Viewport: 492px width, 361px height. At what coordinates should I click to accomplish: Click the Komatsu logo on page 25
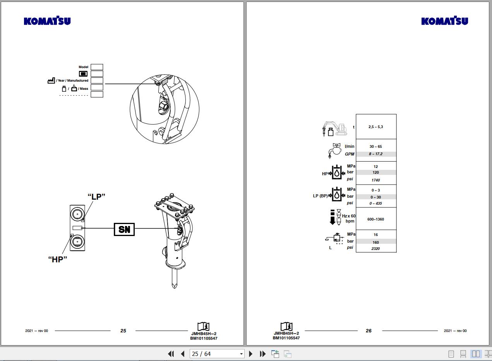47,21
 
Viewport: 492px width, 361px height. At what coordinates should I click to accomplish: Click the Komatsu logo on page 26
444,21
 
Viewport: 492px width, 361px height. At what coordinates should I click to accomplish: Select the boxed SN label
124,229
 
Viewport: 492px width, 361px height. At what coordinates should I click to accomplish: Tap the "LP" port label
96,197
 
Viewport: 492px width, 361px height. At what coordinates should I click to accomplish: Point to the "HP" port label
58,260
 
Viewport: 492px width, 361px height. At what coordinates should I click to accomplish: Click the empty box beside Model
97,67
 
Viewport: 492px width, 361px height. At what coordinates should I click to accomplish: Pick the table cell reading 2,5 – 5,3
376,127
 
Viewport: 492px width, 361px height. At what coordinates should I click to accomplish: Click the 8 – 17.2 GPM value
376,154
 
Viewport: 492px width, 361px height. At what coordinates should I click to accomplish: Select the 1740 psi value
375,180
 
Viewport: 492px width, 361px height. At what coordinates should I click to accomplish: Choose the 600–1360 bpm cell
376,219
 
